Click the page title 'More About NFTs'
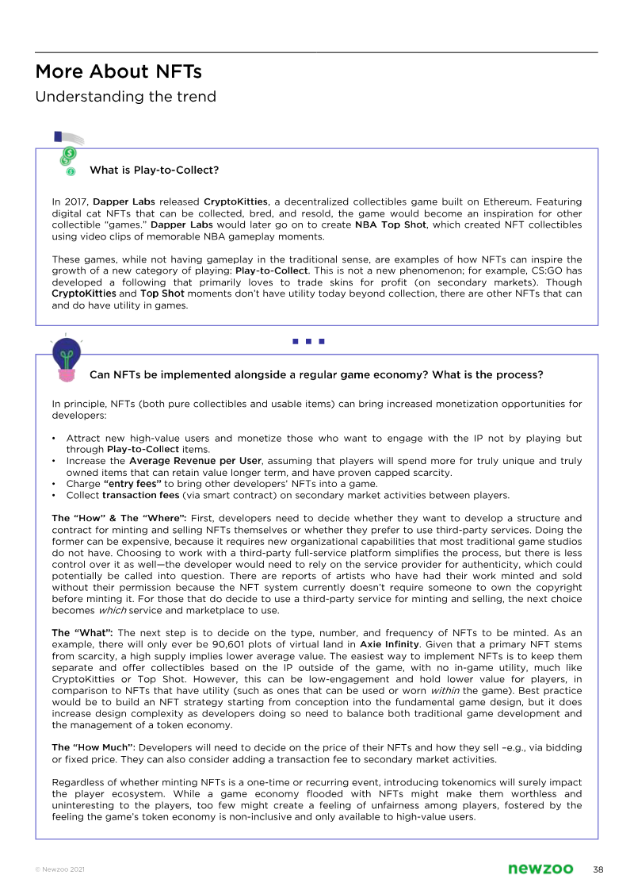point(118,72)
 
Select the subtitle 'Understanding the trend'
point(125,97)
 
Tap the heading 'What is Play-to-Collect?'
point(154,170)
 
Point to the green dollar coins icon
point(68,157)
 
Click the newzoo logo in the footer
point(540,869)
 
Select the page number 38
point(598,869)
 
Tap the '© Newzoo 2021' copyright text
point(59,870)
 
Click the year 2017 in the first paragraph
point(78,202)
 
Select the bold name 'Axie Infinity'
point(389,644)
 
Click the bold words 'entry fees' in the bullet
point(132,484)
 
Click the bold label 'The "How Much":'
point(94,747)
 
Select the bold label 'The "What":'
point(82,632)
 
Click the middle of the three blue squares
point(308,342)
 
